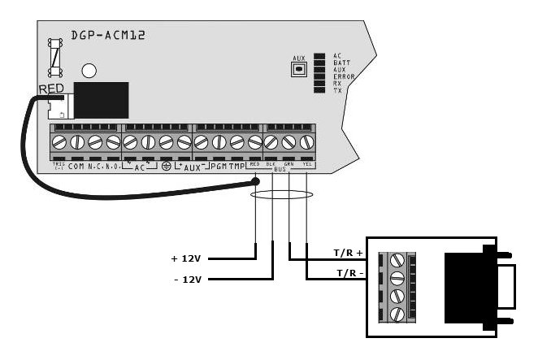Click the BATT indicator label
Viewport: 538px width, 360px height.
coord(341,63)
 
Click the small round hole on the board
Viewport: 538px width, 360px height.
coord(90,71)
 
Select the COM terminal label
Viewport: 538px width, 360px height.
coord(76,166)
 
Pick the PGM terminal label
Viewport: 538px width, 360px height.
coord(218,166)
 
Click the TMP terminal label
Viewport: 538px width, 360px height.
coord(236,166)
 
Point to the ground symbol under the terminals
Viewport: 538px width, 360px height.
coord(166,166)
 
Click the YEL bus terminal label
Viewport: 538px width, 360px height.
coord(306,163)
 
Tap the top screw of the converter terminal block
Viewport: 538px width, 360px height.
coord(397,262)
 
